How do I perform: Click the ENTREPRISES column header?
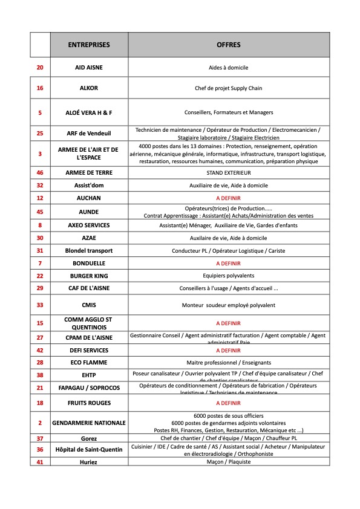(x=89, y=45)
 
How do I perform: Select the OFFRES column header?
(x=228, y=45)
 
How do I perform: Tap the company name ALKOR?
(x=89, y=88)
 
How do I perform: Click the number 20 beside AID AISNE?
(x=40, y=67)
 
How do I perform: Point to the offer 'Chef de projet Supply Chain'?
(x=228, y=88)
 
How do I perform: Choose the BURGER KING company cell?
(x=89, y=276)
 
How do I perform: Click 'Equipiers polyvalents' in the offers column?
(x=228, y=276)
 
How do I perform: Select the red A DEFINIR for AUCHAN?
(x=228, y=198)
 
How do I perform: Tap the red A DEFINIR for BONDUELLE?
(x=228, y=264)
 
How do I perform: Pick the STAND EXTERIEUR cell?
(x=228, y=173)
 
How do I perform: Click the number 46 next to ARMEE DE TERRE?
(x=40, y=173)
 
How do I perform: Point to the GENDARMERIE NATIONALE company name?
(x=89, y=423)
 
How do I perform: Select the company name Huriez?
(x=89, y=462)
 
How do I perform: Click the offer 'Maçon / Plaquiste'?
(x=228, y=462)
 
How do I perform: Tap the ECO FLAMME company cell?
(x=89, y=363)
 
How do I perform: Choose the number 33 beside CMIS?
(x=40, y=306)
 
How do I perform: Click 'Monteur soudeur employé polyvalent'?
(x=228, y=306)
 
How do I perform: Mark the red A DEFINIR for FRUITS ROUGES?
(x=228, y=403)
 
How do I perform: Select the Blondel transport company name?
(x=89, y=251)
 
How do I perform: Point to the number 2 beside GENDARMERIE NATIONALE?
(x=40, y=423)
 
